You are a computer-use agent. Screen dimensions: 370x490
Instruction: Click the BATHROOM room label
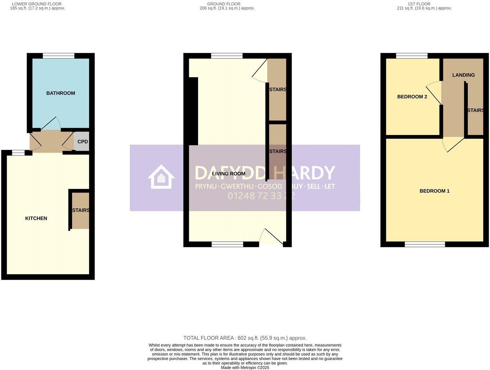pyautogui.click(x=61, y=93)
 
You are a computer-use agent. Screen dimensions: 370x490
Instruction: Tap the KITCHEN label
pyautogui.click(x=36, y=218)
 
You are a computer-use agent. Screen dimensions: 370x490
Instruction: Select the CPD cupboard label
pyautogui.click(x=83, y=142)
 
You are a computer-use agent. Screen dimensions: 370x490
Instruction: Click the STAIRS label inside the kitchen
pyautogui.click(x=81, y=210)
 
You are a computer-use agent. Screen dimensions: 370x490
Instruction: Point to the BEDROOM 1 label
pyautogui.click(x=435, y=191)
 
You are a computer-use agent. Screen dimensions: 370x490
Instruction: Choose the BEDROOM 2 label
pyautogui.click(x=412, y=97)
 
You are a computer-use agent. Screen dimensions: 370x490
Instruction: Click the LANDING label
pyautogui.click(x=463, y=75)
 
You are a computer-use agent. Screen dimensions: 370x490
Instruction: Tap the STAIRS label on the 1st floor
pyautogui.click(x=475, y=110)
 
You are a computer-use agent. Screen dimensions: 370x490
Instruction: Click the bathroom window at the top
pyautogui.click(x=58, y=56)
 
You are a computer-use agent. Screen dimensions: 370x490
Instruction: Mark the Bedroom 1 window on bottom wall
pyautogui.click(x=425, y=244)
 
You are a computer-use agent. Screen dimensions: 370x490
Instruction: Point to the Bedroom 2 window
pyautogui.click(x=411, y=56)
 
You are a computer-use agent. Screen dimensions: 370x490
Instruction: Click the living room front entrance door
pyautogui.click(x=271, y=238)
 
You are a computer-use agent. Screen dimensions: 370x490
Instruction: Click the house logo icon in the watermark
pyautogui.click(x=161, y=177)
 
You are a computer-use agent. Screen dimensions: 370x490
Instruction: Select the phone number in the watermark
pyautogui.click(x=261, y=196)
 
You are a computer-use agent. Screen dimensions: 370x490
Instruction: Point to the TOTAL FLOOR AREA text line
pyautogui.click(x=245, y=338)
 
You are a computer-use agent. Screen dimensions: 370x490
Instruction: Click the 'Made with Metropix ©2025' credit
pyautogui.click(x=245, y=367)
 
